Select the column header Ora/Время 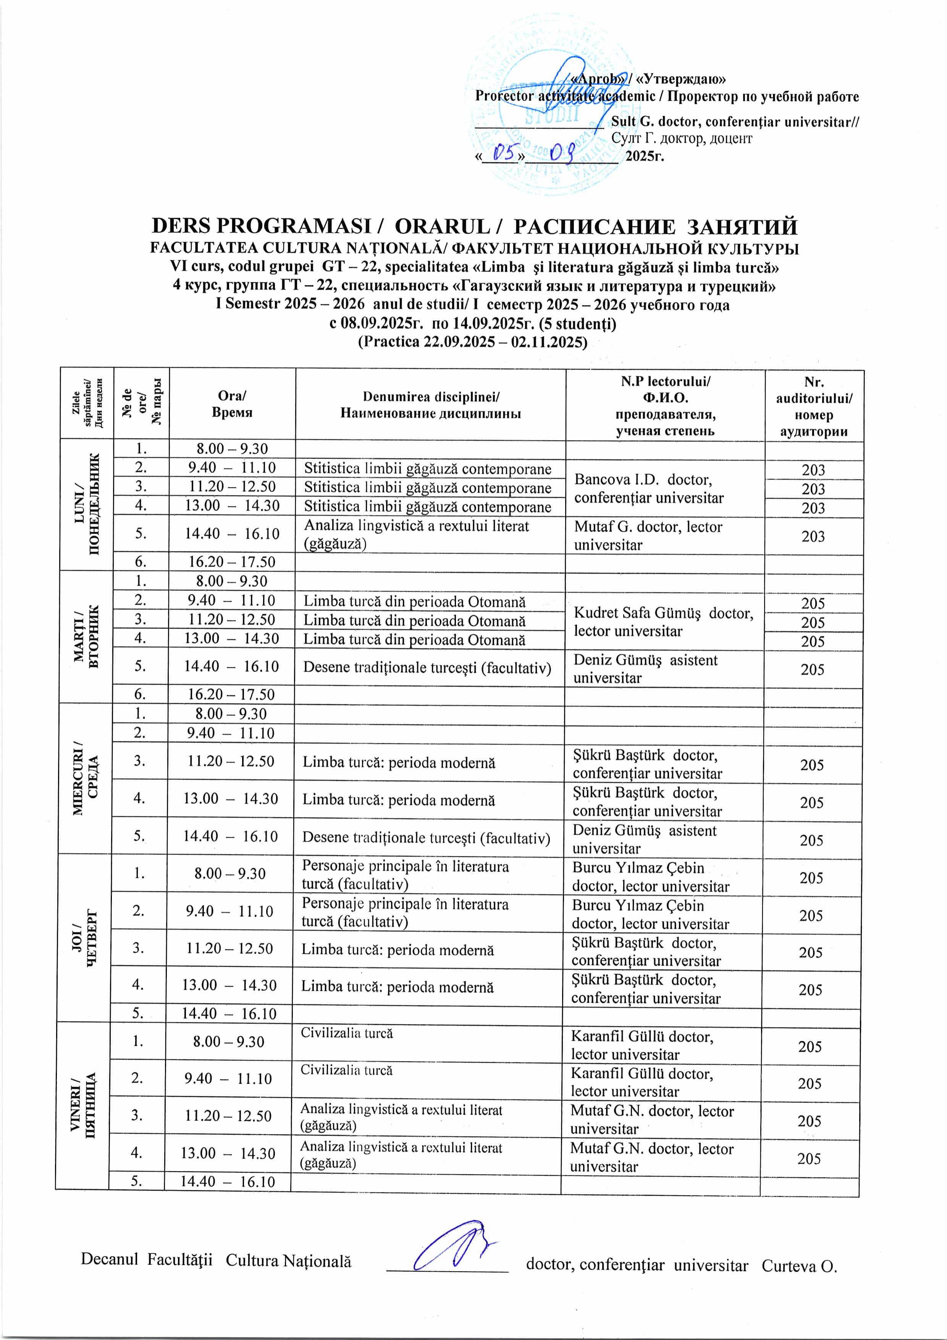(232, 403)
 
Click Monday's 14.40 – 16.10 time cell (232, 533)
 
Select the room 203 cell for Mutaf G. (813, 536)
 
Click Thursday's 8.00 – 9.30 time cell (230, 874)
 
